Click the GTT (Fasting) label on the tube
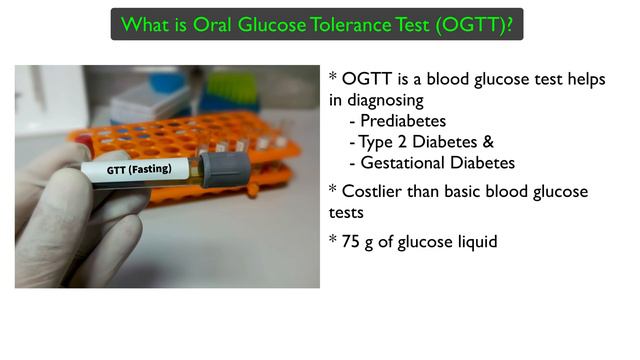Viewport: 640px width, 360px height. click(x=147, y=169)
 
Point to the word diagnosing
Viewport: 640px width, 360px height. click(x=386, y=100)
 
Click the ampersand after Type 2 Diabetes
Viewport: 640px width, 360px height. click(x=490, y=142)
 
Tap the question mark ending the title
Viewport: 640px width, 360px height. click(x=515, y=22)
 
